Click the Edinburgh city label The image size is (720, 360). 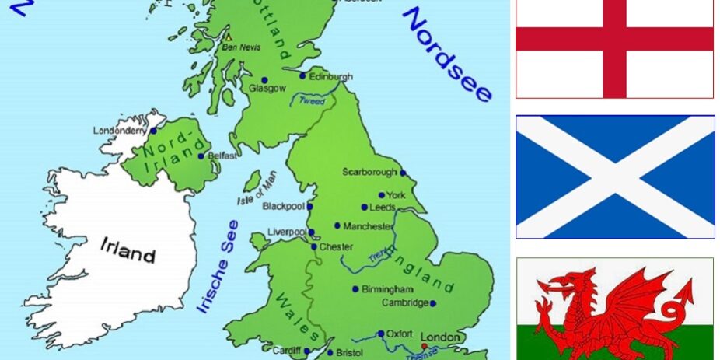[330, 77]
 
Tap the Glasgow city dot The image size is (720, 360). [264, 80]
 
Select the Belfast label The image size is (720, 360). [222, 156]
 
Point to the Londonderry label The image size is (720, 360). [119, 131]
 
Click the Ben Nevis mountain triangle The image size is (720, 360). [229, 36]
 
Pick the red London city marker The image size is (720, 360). [424, 346]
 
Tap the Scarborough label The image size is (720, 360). [369, 172]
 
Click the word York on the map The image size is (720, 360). [396, 195]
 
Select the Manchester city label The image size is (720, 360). [369, 226]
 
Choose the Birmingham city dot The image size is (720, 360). [355, 288]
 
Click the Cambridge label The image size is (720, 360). [405, 302]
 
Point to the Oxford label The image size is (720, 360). [400, 334]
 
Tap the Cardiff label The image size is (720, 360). [286, 351]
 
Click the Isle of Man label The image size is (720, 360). [257, 188]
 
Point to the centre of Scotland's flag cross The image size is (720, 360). [615, 177]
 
